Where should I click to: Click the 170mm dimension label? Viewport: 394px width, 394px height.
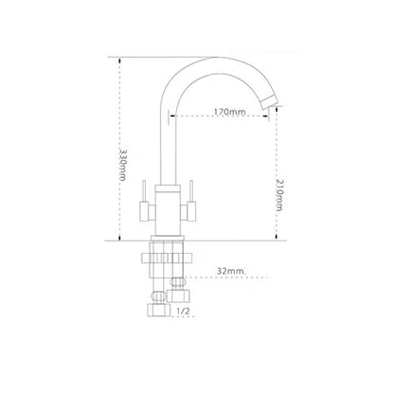[x=229, y=112]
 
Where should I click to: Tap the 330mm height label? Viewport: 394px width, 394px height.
[x=123, y=165]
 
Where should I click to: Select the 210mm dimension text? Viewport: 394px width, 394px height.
[x=279, y=195]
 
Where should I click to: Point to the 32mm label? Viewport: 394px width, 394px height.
[x=230, y=271]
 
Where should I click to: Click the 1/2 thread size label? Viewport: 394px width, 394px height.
[x=183, y=312]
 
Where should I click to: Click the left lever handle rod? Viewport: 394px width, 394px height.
[x=144, y=190]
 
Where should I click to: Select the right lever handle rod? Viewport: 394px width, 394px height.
[x=191, y=190]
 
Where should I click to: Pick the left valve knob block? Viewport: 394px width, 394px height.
[x=145, y=211]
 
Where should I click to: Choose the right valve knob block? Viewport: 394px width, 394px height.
[x=191, y=211]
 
